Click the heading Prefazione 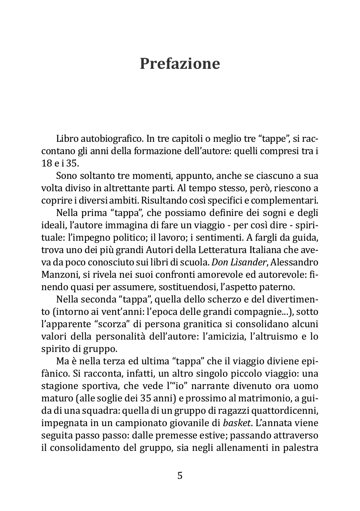[x=180, y=64]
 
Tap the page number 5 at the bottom [x=180, y=476]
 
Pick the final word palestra [x=299, y=448]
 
